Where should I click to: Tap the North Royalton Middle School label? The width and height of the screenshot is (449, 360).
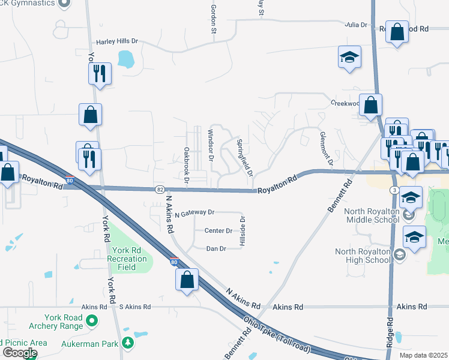(x=371, y=215)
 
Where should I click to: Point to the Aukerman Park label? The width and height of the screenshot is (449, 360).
(x=89, y=344)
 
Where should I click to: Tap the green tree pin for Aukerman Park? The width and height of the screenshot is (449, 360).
(x=127, y=342)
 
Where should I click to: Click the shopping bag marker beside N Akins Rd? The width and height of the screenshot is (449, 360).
(x=187, y=280)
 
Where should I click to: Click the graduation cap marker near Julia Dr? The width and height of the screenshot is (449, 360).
(x=349, y=58)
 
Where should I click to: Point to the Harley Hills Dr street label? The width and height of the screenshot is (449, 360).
(x=117, y=41)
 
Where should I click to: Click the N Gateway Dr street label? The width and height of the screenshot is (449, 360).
(x=194, y=212)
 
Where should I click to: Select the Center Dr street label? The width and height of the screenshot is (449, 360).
(x=218, y=230)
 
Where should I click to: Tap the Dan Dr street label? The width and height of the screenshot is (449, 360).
(x=215, y=248)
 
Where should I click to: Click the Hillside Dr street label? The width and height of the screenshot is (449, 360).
(x=243, y=231)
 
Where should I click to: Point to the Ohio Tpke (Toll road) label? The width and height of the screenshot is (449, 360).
(x=277, y=338)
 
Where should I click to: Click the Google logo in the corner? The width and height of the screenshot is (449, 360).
(x=20, y=353)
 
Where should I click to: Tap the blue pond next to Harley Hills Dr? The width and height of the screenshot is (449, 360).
(x=126, y=59)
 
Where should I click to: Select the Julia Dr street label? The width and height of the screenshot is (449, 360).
(x=355, y=25)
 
